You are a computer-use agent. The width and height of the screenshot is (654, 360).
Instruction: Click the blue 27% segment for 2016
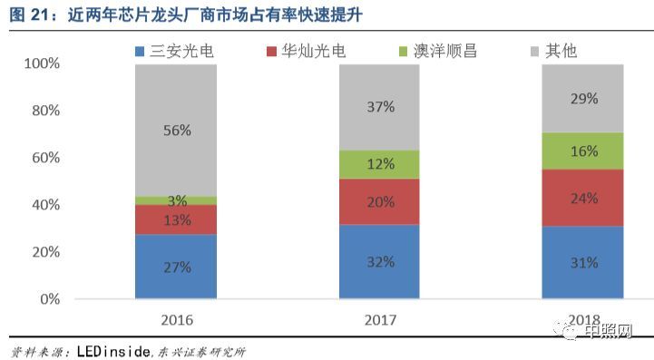176,267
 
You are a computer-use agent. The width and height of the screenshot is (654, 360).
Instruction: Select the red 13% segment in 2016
176,219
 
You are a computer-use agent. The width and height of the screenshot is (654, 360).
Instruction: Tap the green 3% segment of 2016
176,200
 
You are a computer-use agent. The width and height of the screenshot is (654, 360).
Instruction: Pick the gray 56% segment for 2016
176,130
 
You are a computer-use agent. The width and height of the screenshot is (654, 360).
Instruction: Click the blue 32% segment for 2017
380,261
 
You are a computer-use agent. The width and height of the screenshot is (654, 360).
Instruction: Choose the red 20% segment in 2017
380,201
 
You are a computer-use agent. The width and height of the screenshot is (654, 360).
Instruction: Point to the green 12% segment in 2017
380,164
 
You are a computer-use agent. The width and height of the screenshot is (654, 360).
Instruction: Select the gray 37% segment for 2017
380,107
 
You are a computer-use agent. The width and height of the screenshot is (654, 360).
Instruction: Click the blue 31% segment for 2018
583,262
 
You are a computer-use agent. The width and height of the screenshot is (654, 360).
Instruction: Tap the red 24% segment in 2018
583,198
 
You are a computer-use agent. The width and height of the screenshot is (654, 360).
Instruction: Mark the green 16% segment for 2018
583,151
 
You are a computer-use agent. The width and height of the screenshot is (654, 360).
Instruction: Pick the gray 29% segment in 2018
583,98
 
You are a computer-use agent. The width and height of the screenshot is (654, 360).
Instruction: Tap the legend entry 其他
563,51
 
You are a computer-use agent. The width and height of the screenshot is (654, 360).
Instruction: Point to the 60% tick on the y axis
44,158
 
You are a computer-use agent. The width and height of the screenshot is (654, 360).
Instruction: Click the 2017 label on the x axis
380,320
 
